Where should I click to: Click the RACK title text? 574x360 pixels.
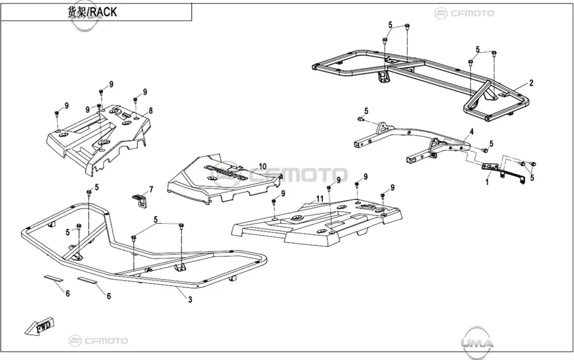pos(104,12)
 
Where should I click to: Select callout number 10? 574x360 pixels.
pos(262,167)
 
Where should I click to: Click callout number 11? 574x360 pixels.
pos(320,199)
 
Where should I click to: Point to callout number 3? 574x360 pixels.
pos(190,300)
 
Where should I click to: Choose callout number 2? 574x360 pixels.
pos(531,83)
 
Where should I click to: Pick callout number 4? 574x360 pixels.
pos(472,131)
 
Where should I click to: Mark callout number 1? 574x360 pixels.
pos(487,181)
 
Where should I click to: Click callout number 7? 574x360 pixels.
pos(151,189)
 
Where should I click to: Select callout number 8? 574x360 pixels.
pos(150,110)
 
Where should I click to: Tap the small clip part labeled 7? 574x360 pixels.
pos(140,200)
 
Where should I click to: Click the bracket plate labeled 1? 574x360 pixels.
pos(503,172)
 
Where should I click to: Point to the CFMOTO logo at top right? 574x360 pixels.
pos(464,13)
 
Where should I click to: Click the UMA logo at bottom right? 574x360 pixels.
pos(476,342)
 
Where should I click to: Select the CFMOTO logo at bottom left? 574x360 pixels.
pos(98,341)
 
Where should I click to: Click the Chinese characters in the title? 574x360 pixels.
pos(78,12)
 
